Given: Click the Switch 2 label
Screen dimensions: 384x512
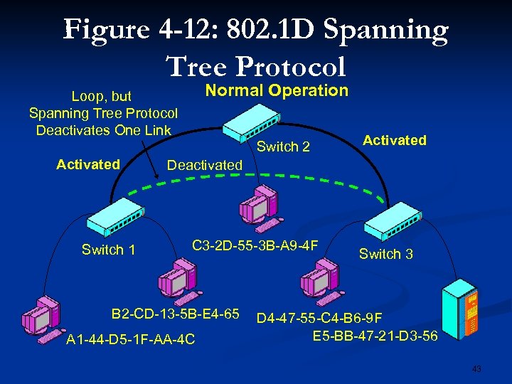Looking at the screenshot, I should pos(283,147).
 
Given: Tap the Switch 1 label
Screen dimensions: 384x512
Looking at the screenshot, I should pos(108,250).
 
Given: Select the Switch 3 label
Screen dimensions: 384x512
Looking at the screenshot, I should pos(385,254).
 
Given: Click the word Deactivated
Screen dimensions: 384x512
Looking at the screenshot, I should pos(204,165).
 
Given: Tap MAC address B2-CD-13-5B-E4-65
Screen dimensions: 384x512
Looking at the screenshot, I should pos(175,314).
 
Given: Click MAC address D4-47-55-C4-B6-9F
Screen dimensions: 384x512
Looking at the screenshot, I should pos(330,318).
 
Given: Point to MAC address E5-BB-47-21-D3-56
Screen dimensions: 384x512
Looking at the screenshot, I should pos(375,334).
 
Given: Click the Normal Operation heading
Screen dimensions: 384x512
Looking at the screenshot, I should pos(277,90).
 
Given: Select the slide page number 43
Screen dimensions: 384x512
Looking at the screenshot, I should pos(476,368).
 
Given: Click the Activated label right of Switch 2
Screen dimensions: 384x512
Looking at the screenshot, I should pos(395,140).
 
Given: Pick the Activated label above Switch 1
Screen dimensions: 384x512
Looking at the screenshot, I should pos(88,164).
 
